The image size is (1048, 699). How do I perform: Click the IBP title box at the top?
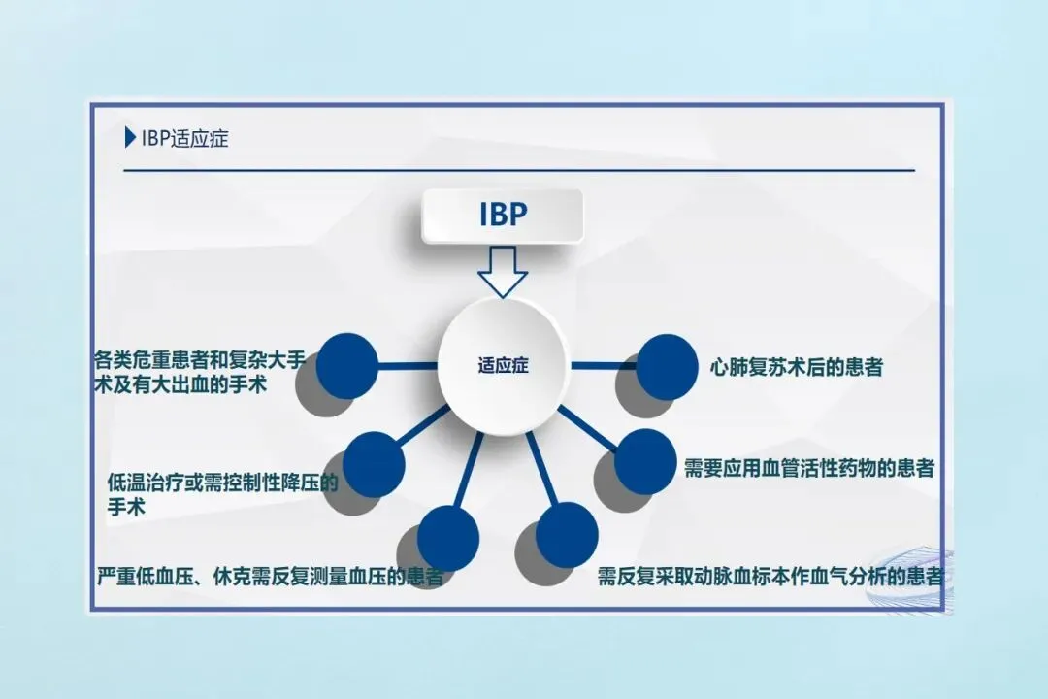[502, 215]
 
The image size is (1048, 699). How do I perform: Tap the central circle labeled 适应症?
[502, 366]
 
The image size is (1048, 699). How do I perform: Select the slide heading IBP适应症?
[184, 138]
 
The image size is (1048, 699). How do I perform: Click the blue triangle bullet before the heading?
[130, 138]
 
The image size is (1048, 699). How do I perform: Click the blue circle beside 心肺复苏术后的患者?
[668, 366]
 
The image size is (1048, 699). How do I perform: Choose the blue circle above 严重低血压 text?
[447, 537]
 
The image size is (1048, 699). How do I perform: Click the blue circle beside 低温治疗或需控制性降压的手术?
[374, 462]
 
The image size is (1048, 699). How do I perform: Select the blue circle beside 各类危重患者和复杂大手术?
[346, 364]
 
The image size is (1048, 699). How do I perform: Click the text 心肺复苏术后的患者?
[796, 368]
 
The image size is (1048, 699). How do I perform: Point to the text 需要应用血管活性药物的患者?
[808, 468]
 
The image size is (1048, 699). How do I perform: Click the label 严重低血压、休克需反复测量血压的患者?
[270, 576]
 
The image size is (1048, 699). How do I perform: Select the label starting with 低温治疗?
[222, 493]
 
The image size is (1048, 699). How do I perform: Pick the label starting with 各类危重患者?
[200, 372]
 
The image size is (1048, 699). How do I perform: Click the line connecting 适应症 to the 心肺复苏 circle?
[602, 366]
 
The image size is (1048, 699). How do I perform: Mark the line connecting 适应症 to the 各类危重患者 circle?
[408, 366]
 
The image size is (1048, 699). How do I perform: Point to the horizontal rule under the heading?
[519, 170]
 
